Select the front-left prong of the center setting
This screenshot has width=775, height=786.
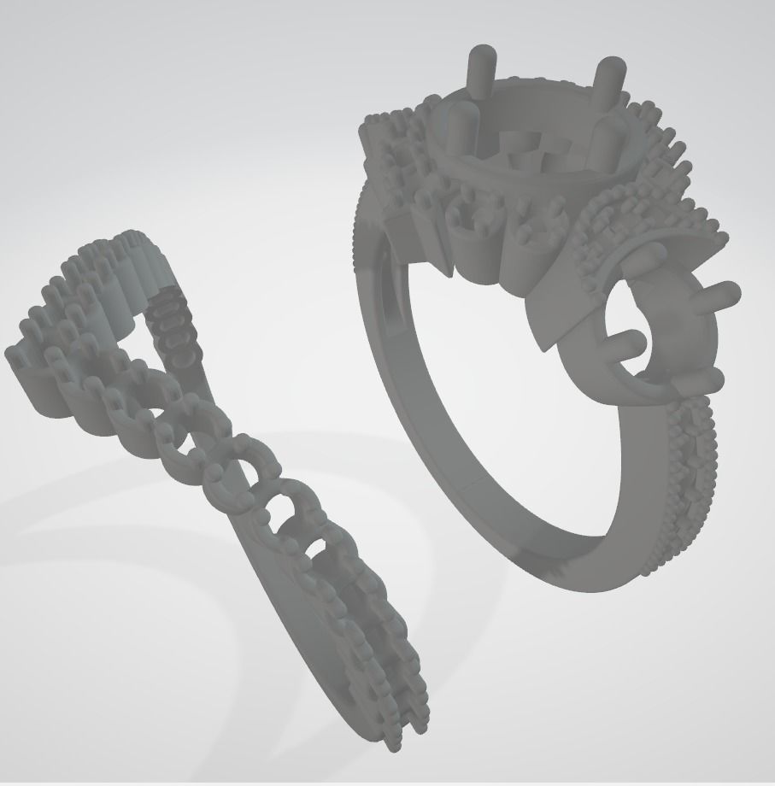(x=459, y=126)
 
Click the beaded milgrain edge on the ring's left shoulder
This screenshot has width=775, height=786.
(x=360, y=231)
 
